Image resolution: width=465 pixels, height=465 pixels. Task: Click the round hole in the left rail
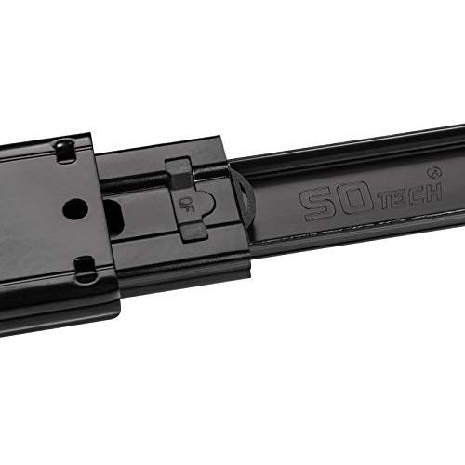tap(75, 208)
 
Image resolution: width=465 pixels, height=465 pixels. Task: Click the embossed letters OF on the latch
tap(186, 205)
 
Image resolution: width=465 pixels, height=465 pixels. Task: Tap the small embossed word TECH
tap(411, 195)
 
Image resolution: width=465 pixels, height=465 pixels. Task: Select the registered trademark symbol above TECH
tap(434, 173)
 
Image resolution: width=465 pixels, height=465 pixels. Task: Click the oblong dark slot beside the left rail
tap(114, 217)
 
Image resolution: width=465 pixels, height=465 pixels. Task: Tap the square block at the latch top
tap(179, 174)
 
